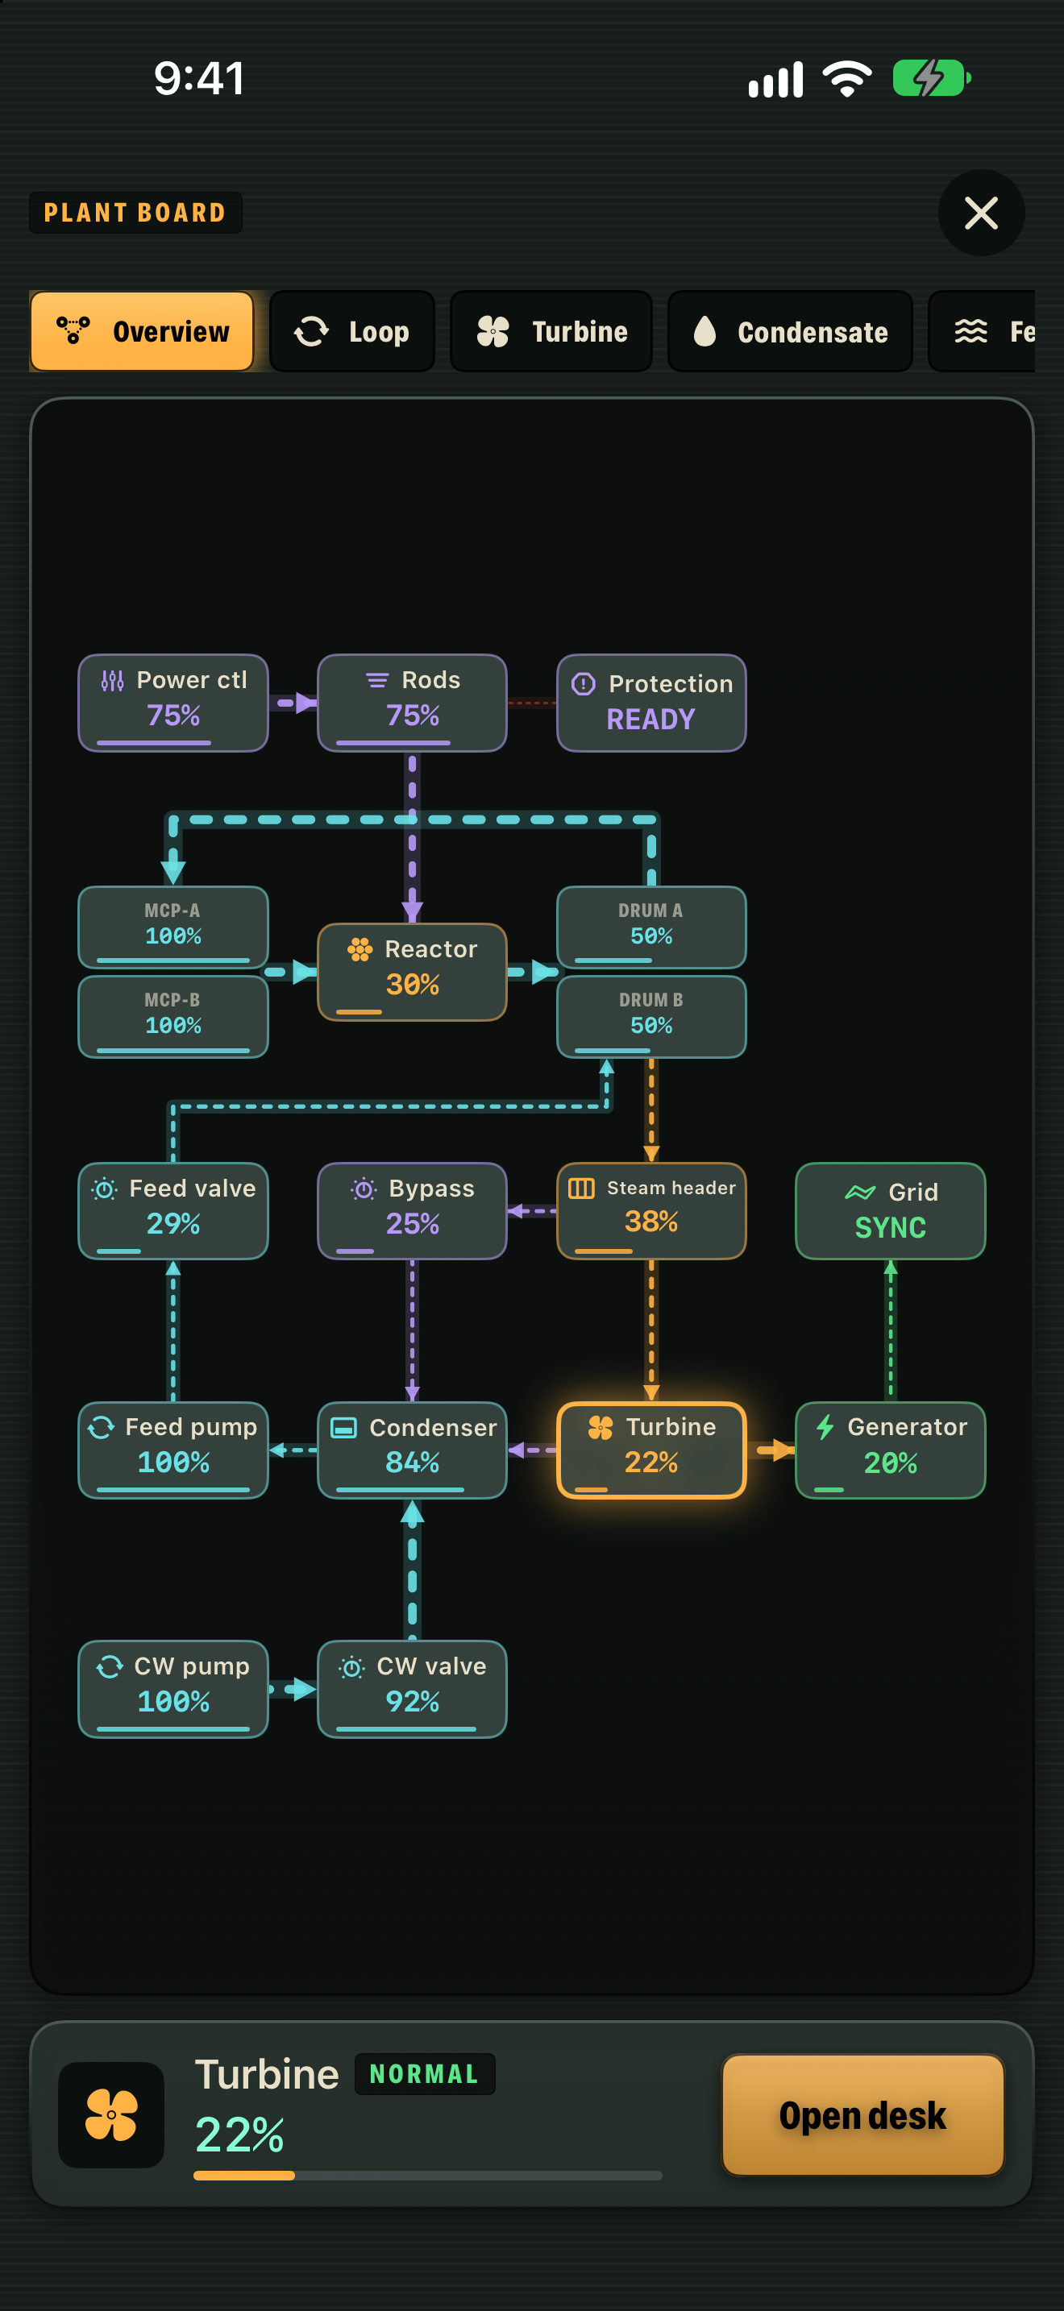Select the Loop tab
pos(351,331)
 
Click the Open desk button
pos(862,2114)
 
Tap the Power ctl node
pos(173,703)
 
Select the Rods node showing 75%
pos(412,703)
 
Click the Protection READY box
pos(651,703)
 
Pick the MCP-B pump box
pos(173,1016)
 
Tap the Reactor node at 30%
pos(412,972)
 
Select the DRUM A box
pos(651,927)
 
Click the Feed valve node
pos(173,1210)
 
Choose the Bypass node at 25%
pos(412,1210)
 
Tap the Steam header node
pos(651,1210)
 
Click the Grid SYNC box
pos(890,1210)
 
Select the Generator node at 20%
pos(890,1450)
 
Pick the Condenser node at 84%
pos(412,1450)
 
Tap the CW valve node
pos(412,1688)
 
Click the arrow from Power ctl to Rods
pos(293,703)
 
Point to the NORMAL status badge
pos(424,2073)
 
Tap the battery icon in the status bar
pos(931,78)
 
